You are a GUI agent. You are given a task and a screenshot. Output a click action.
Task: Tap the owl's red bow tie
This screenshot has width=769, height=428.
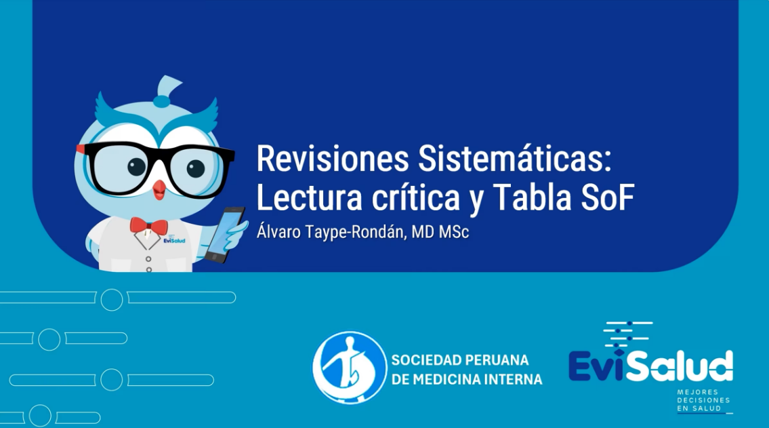click(148, 225)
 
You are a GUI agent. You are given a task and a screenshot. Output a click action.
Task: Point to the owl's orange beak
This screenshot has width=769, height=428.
click(159, 189)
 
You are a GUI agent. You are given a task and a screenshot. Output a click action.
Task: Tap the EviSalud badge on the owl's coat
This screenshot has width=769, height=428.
click(174, 240)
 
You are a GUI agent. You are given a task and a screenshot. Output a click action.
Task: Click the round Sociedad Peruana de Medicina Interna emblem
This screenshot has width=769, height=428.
click(349, 368)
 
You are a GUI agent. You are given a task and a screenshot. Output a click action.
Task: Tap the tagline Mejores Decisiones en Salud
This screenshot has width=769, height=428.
click(703, 400)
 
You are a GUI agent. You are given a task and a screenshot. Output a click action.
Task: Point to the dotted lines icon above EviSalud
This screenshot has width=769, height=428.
click(627, 331)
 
